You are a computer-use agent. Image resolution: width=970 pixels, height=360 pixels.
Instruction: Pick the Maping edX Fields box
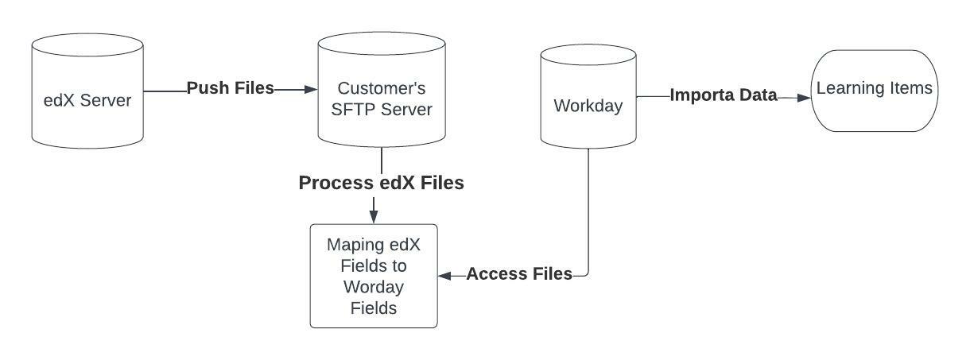(x=374, y=276)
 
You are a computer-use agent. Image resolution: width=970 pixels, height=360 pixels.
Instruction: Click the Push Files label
(x=231, y=88)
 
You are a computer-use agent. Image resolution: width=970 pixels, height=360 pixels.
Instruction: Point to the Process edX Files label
(x=381, y=183)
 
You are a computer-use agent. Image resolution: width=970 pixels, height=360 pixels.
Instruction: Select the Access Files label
(x=519, y=274)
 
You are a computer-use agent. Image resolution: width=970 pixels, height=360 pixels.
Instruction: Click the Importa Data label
(x=724, y=95)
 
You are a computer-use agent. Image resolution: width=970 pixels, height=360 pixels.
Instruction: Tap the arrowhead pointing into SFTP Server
(x=311, y=90)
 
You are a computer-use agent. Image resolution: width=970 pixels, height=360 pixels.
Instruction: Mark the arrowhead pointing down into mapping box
(x=374, y=217)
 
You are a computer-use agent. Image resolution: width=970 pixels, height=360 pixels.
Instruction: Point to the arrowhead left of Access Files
(x=445, y=275)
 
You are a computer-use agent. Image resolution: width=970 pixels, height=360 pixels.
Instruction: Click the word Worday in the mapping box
(x=374, y=287)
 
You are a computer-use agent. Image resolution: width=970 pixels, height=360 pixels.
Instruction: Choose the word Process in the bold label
(x=334, y=183)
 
